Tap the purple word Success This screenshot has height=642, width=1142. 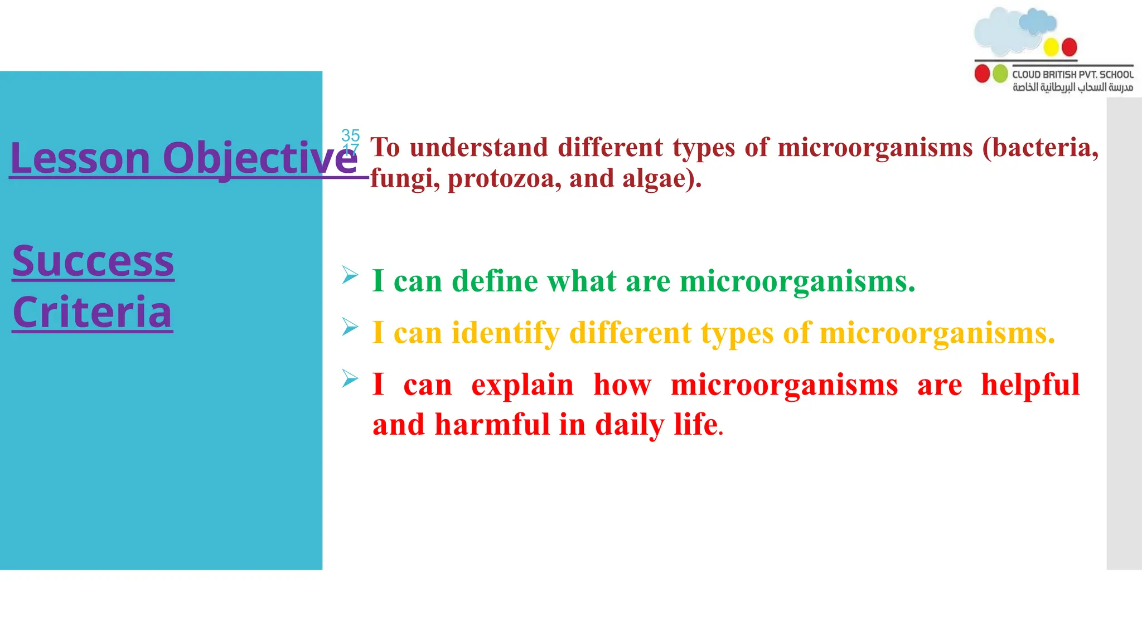(x=93, y=261)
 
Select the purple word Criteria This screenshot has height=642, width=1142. (x=93, y=312)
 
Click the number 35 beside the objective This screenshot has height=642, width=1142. (x=351, y=135)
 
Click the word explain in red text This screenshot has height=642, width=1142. (x=522, y=385)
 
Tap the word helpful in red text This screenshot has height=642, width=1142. (x=1030, y=385)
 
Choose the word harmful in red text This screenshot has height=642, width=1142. (x=492, y=425)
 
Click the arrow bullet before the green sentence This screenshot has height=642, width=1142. (x=350, y=275)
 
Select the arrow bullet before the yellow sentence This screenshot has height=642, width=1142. (x=350, y=327)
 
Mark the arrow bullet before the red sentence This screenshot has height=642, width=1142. (x=350, y=378)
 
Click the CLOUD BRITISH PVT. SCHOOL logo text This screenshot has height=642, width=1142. (x=1073, y=74)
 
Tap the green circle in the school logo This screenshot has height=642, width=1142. (x=1000, y=74)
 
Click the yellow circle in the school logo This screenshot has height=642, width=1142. (x=1051, y=47)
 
